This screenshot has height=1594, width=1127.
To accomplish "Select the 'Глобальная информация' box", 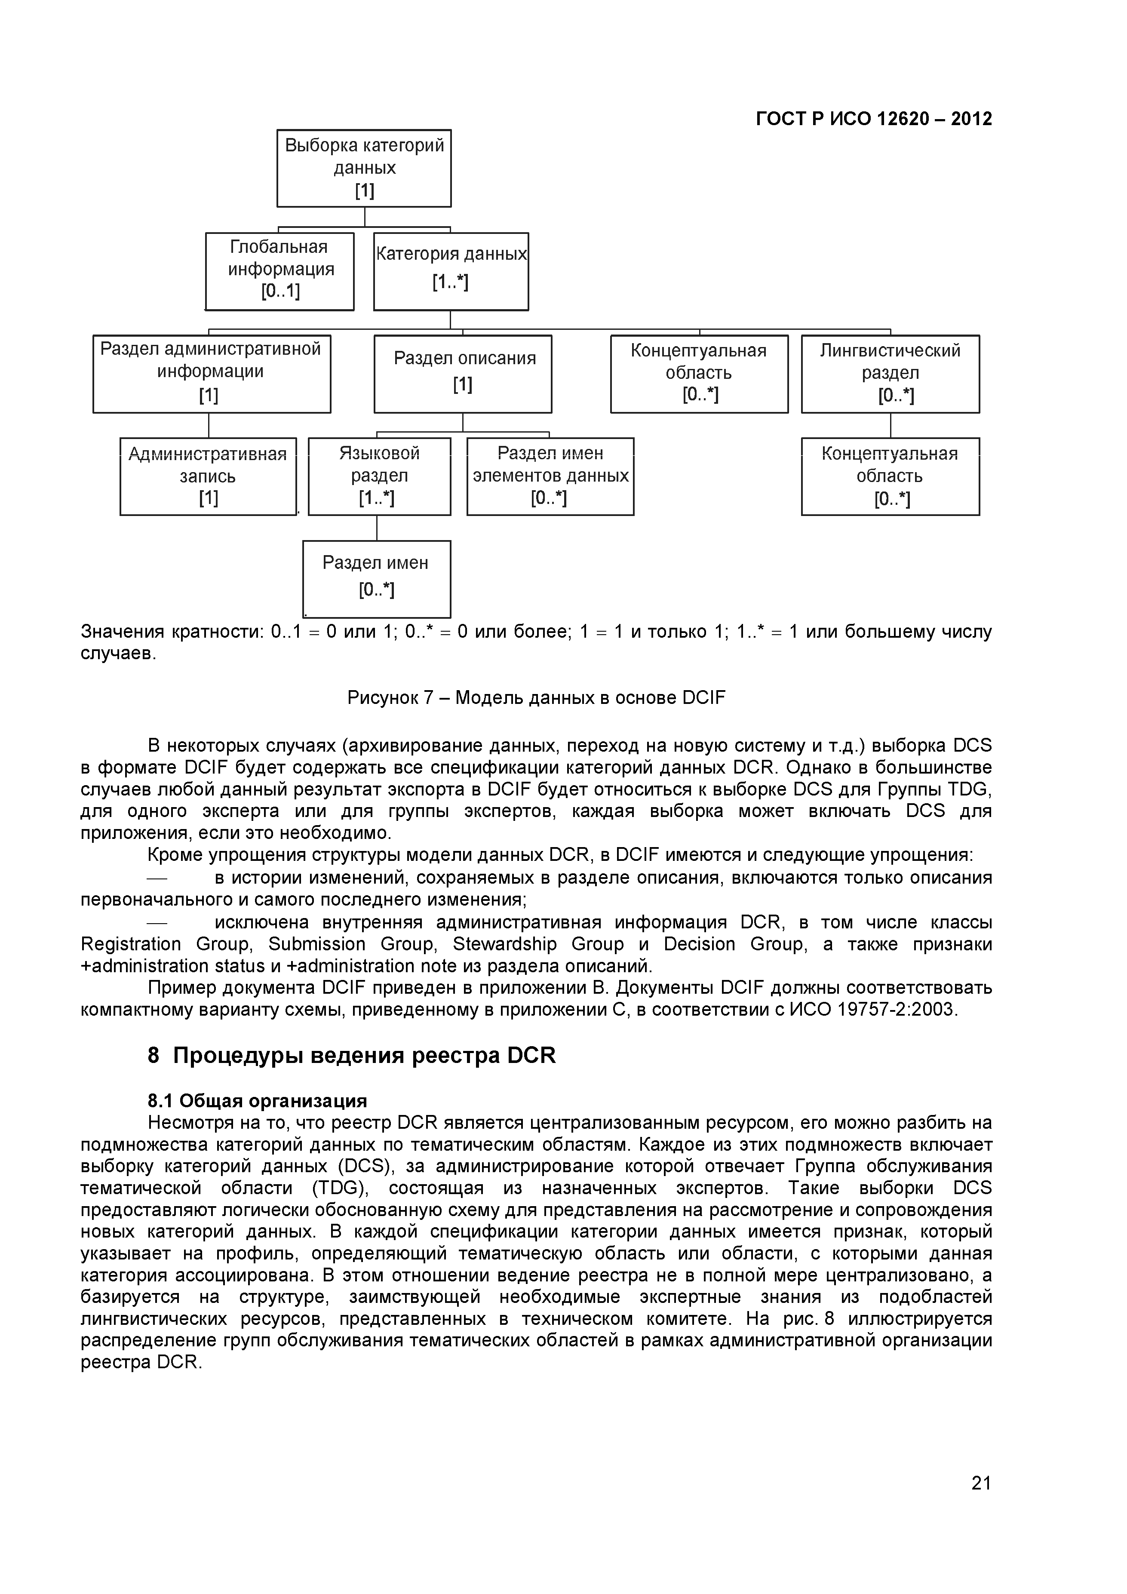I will (280, 271).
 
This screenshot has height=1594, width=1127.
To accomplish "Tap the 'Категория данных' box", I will (451, 271).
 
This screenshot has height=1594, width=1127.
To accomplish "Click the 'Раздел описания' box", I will (463, 374).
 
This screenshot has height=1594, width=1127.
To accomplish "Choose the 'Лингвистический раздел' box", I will (890, 374).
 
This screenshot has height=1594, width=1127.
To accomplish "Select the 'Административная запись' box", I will (208, 476).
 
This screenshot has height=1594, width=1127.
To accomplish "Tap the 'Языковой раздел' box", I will (379, 476).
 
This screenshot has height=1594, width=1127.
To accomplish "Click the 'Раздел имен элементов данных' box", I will (550, 476).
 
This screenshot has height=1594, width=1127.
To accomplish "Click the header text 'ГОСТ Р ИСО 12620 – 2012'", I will (874, 119).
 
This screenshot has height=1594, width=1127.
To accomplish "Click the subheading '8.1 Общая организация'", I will (257, 1101).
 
